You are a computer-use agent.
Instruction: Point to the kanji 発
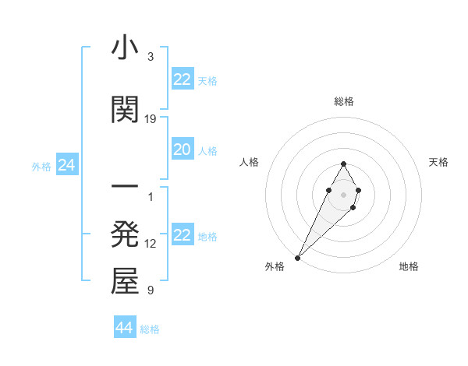click(x=125, y=234)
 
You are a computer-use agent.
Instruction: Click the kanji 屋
click(x=125, y=282)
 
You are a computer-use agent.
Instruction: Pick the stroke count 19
click(x=151, y=119)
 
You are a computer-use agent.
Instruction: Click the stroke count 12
click(x=151, y=244)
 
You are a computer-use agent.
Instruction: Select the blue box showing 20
click(x=182, y=150)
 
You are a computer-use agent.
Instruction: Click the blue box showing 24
click(x=66, y=165)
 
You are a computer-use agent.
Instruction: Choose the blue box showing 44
click(x=124, y=328)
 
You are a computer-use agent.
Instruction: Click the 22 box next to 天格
click(x=182, y=79)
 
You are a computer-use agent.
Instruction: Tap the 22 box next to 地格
click(x=182, y=235)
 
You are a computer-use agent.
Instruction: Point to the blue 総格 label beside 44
click(x=150, y=329)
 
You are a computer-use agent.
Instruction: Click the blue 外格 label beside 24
click(x=41, y=166)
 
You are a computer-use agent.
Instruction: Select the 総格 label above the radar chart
click(x=344, y=101)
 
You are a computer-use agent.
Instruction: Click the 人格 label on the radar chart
click(x=249, y=162)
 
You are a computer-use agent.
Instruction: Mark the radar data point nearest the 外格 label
click(x=298, y=257)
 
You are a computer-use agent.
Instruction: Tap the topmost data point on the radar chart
click(x=344, y=164)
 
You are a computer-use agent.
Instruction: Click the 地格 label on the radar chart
click(x=409, y=266)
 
